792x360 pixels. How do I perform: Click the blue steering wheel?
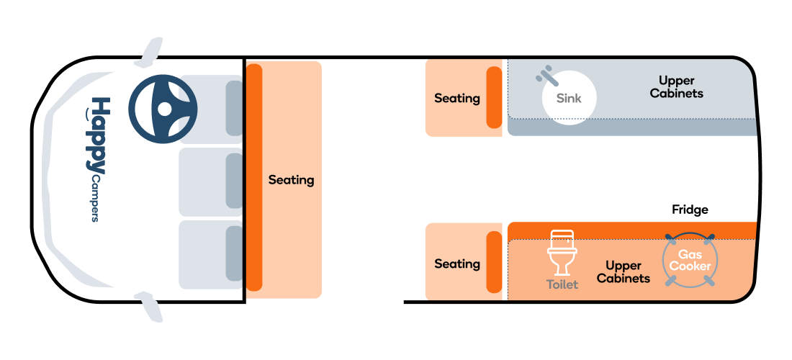(x=163, y=109)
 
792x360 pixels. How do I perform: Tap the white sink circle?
(x=570, y=98)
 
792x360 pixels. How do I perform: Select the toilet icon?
(x=562, y=253)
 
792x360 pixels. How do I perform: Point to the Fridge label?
(x=690, y=210)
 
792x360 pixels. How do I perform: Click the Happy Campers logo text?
(x=96, y=159)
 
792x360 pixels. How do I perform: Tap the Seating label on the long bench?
(x=291, y=180)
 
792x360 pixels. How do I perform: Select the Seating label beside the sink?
(x=457, y=98)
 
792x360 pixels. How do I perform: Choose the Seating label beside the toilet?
(x=457, y=264)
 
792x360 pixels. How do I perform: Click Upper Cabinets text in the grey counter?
(x=676, y=87)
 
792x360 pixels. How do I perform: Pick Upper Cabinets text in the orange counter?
(x=624, y=272)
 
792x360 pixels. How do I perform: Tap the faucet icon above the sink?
(x=546, y=75)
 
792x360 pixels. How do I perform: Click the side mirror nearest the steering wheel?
(x=150, y=52)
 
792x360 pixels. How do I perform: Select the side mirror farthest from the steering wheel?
(x=150, y=307)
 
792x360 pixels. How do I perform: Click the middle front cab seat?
(x=211, y=181)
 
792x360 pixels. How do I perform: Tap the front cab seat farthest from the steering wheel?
(x=211, y=254)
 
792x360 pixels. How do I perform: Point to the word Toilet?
(x=562, y=285)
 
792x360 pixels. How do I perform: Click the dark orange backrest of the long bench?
(x=254, y=177)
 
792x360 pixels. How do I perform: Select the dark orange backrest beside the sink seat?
(x=494, y=97)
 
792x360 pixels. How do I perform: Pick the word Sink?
(x=570, y=98)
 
